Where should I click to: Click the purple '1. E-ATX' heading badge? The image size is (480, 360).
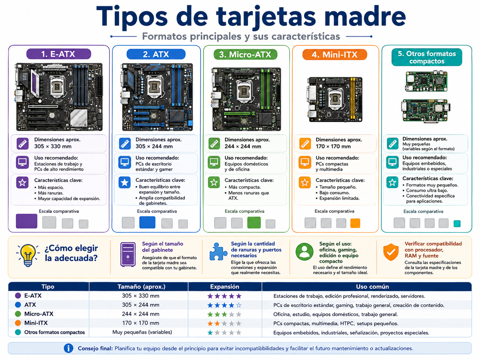click(59, 54)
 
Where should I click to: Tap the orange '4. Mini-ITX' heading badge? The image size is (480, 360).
click(334, 54)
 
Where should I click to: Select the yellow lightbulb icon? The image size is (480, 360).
click(28, 255)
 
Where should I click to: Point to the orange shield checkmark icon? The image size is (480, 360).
click(391, 252)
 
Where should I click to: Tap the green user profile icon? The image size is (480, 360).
click(304, 252)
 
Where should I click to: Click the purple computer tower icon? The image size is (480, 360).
click(128, 255)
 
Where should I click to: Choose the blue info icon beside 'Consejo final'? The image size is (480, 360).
click(68, 348)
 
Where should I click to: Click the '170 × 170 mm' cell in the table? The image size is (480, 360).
click(141, 323)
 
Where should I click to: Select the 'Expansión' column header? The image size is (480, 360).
click(224, 286)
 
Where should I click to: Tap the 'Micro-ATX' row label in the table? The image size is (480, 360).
click(39, 314)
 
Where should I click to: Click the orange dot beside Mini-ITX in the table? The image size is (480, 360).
click(18, 323)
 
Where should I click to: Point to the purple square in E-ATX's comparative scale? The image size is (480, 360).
click(27, 221)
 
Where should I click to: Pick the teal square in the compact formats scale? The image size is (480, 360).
click(457, 224)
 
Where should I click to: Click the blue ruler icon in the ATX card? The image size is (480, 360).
click(125, 144)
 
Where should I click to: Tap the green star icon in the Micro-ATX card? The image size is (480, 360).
click(214, 182)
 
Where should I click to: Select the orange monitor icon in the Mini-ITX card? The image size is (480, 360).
click(305, 162)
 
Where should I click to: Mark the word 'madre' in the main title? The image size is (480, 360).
click(365, 16)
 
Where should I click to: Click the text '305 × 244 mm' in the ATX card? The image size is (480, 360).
click(154, 147)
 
